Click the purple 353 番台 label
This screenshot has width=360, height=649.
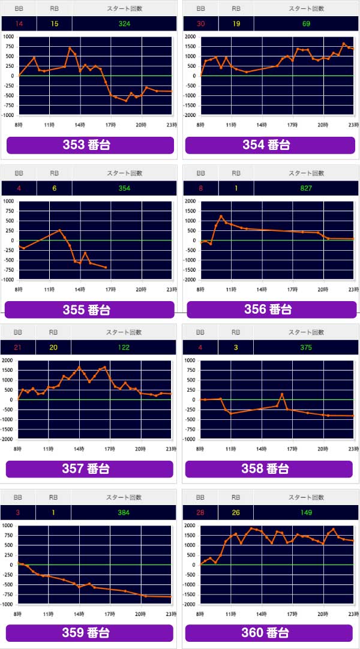(90, 145)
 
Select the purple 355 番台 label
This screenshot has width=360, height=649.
(90, 310)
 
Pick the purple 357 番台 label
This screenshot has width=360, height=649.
(90, 468)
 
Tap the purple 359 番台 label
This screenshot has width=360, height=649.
(90, 633)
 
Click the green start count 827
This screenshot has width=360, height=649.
(306, 188)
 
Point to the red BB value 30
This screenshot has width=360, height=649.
(199, 23)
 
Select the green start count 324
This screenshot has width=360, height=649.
(124, 23)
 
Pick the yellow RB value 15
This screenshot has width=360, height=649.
(54, 23)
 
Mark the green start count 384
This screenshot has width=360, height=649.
(124, 512)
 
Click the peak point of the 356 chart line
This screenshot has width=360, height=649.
(221, 217)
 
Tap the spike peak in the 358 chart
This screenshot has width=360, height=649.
(282, 394)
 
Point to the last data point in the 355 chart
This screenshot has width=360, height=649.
(106, 268)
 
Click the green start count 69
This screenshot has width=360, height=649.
(306, 23)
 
